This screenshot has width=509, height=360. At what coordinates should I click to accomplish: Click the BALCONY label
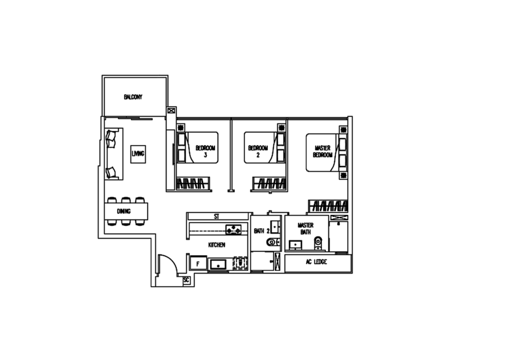point(134,97)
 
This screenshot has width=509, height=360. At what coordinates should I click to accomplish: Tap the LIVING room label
point(138,151)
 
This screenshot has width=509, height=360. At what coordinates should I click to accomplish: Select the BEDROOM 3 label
point(204,151)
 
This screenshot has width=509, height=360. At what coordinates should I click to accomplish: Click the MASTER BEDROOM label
point(324,151)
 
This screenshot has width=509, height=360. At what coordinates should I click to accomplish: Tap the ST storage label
point(217,217)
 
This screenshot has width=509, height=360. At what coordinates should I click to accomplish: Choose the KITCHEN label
point(216,244)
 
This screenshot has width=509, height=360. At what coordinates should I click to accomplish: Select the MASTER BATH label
point(305,226)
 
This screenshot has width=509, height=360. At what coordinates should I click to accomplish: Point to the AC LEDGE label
point(316,261)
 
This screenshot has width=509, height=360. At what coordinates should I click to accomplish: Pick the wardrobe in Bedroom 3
point(192,184)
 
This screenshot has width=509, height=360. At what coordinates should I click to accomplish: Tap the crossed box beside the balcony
point(171,111)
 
